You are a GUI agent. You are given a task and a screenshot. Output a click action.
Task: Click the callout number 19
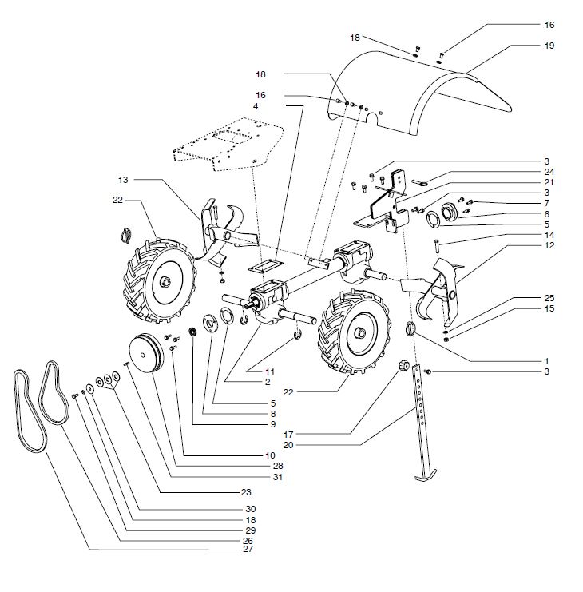click(549, 46)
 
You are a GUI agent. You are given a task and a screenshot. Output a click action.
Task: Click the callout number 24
click(549, 172)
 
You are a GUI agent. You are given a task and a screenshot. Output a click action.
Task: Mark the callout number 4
click(256, 106)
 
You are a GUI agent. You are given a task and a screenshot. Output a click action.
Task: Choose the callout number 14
click(549, 234)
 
